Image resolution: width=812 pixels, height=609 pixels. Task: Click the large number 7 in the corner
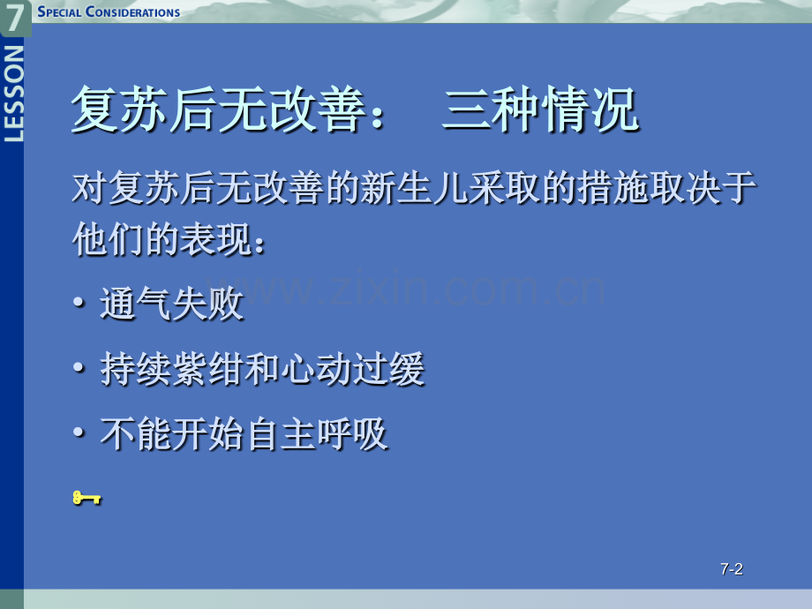[14, 16]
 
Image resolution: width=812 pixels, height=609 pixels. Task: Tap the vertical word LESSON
[13, 94]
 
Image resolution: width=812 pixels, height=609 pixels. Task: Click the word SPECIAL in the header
[59, 11]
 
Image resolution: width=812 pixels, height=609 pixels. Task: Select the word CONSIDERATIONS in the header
[133, 11]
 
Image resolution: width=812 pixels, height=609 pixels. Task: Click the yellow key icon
[86, 498]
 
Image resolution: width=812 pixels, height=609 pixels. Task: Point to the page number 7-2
[731, 569]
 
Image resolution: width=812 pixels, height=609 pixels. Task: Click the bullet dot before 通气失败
[79, 302]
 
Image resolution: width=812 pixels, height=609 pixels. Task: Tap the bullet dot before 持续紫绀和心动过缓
[79, 367]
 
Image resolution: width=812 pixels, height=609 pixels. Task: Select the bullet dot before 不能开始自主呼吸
[79, 432]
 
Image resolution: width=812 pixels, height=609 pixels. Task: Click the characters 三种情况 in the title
[540, 109]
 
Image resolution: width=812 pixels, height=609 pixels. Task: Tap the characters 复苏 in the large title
[120, 109]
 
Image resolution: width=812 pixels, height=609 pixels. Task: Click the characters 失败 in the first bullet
[207, 304]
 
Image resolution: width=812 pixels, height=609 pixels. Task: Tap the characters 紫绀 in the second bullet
[207, 369]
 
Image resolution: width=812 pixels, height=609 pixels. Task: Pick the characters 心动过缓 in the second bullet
[352, 369]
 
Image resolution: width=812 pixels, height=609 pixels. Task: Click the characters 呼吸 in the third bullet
[352, 434]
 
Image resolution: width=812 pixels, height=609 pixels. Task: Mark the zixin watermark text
[405, 288]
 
